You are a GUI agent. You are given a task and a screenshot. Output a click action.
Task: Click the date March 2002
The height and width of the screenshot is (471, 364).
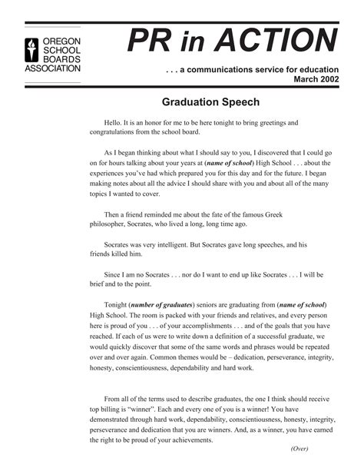[x=314, y=79]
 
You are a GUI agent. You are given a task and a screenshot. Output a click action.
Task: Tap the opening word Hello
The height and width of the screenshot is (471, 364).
[x=114, y=122]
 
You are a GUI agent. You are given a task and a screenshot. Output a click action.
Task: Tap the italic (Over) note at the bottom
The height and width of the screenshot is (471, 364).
[x=299, y=449]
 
